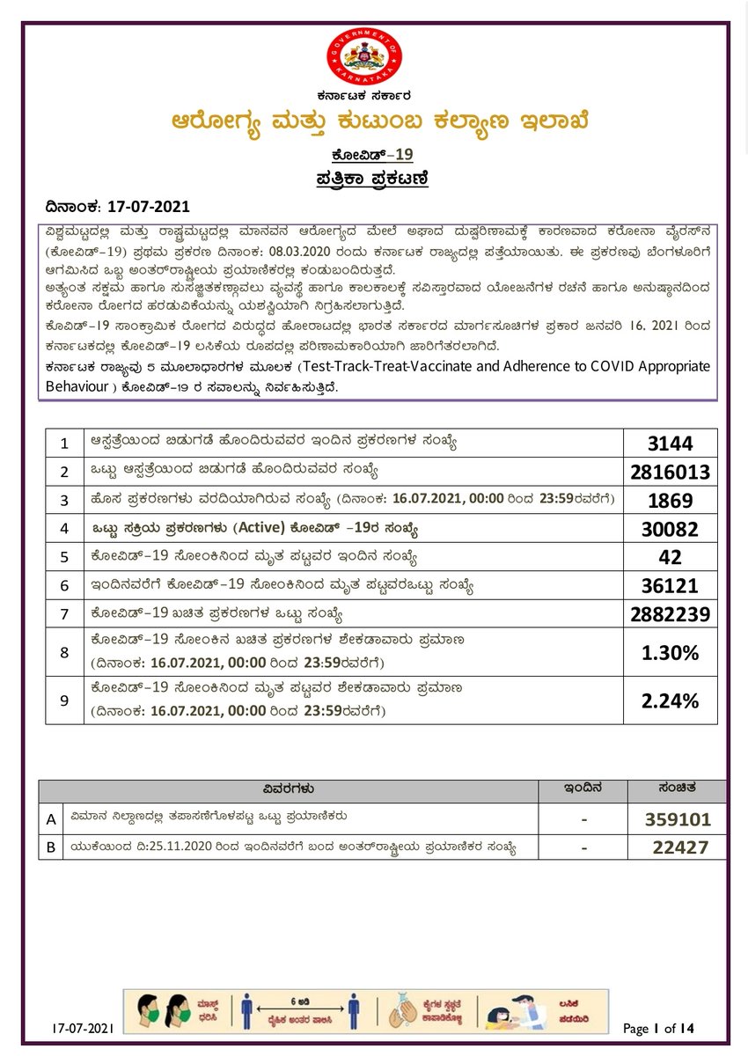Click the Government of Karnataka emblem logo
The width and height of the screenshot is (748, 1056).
pos(364,56)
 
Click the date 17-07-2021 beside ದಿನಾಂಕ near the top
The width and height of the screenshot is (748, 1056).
pos(148,208)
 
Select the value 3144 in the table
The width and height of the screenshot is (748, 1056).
pos(671,442)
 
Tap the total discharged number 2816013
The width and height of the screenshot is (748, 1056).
pos(671,472)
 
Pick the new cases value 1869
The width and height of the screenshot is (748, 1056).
pos(671,501)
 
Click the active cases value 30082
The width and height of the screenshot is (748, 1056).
pos(671,529)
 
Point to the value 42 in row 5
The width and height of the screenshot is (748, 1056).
pos(671,557)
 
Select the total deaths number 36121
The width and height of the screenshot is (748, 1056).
pos(671,586)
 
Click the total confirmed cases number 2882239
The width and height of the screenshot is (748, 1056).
pos(671,614)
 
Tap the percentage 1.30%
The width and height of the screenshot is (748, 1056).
pos(671,652)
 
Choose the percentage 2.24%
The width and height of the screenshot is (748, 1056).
pos(671,700)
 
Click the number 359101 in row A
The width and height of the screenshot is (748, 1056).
pos(678,819)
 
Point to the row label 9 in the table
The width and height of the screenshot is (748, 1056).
pos(63,700)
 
